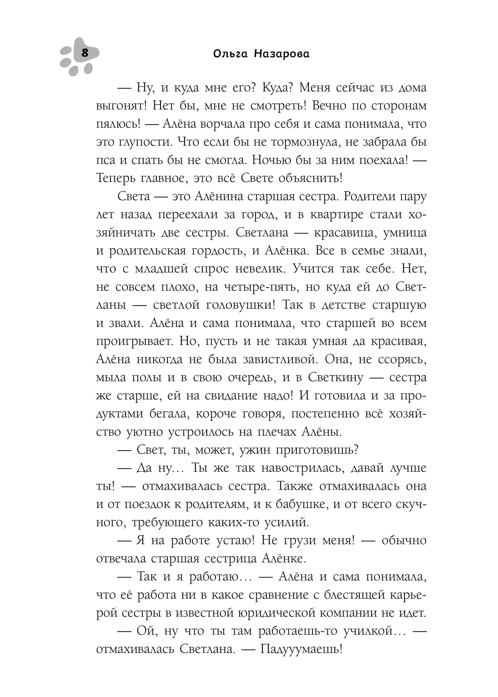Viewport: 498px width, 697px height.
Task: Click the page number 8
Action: click(85, 54)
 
